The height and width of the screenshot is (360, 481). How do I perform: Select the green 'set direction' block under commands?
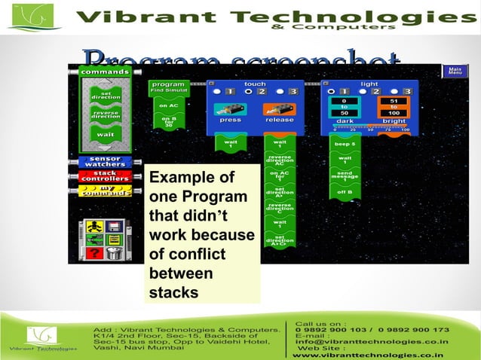coord(106,96)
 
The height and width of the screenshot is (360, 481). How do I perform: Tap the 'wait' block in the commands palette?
coord(106,134)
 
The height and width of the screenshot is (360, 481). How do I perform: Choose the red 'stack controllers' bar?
coord(105,176)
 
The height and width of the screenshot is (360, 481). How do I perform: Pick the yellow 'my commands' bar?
coord(105,191)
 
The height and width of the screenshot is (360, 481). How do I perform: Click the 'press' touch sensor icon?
coord(230,111)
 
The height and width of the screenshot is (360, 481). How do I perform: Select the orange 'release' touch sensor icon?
coord(279,111)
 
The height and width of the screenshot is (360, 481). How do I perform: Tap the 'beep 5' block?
coord(345,143)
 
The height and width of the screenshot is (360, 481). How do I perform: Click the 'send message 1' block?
coord(345,176)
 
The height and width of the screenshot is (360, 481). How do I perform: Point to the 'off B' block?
coord(345,193)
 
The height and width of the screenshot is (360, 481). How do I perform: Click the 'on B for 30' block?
coord(169,122)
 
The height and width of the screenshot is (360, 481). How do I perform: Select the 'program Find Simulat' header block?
coord(169,87)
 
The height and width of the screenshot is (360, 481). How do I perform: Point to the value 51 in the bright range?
coord(394,100)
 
